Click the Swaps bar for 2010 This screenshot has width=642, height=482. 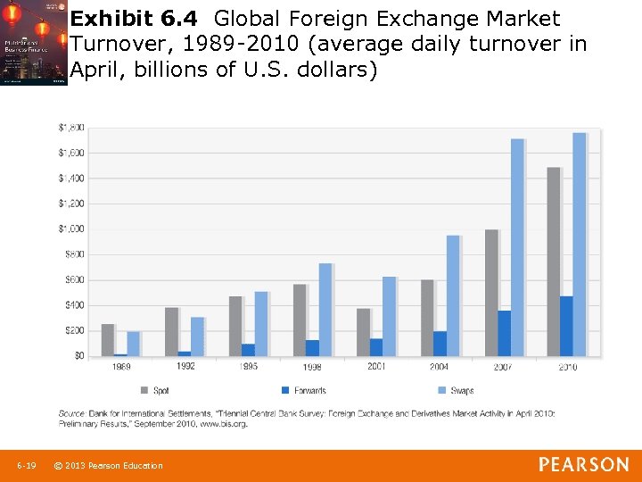pos(579,245)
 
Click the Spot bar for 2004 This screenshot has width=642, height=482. pos(426,318)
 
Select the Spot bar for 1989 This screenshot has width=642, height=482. pos(107,340)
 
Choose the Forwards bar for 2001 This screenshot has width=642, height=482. pos(376,347)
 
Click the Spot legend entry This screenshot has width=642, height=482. pos(155,391)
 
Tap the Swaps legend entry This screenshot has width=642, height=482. pos(456,391)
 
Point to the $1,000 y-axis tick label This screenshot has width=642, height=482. pos(71,229)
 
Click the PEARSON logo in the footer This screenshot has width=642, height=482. pos(583,465)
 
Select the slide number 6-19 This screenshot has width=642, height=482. pos(26,466)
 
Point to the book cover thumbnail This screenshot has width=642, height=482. pos(34,43)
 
